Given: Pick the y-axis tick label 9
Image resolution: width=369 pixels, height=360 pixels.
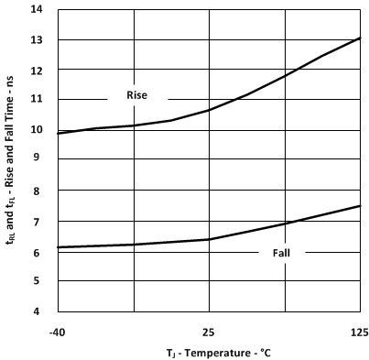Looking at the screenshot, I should pyautogui.click(x=38, y=160).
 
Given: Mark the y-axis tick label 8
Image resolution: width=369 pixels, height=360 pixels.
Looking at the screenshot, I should pyautogui.click(x=38, y=191).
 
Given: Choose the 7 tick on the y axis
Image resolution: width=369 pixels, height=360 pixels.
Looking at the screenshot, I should pyautogui.click(x=38, y=221).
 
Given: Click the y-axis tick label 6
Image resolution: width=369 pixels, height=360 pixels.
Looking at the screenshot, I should pyautogui.click(x=38, y=251).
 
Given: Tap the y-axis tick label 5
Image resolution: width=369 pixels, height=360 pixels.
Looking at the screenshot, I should pyautogui.click(x=38, y=281).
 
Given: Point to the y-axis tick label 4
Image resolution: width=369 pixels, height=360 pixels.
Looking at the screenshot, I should pyautogui.click(x=38, y=311).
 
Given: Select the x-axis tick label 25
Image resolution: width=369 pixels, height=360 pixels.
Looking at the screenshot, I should pyautogui.click(x=209, y=331).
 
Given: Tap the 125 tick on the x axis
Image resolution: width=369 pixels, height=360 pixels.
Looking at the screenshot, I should pyautogui.click(x=360, y=331).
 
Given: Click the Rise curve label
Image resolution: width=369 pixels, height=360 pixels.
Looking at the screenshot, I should pyautogui.click(x=136, y=94).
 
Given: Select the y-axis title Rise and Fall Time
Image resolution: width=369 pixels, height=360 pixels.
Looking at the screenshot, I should pyautogui.click(x=11, y=160).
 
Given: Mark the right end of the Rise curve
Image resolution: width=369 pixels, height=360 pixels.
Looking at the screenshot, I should pyautogui.click(x=361, y=38).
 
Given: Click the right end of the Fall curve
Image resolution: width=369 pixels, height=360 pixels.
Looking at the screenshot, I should pyautogui.click(x=361, y=205).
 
